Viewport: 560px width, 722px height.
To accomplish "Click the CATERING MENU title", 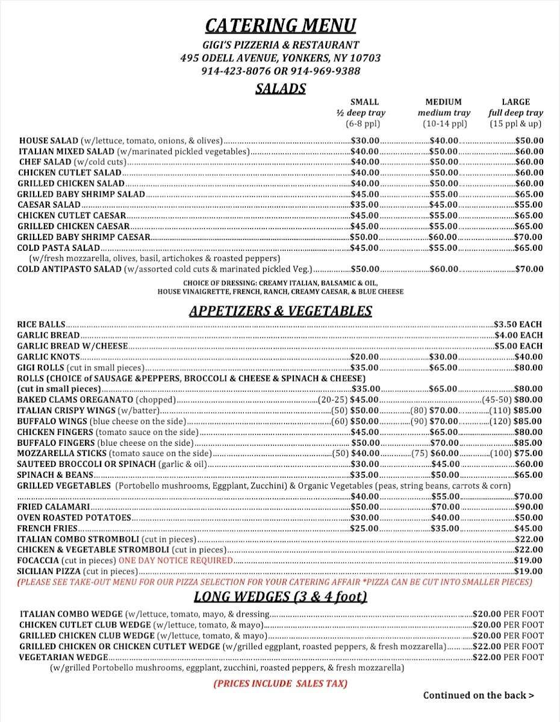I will pos(280,25).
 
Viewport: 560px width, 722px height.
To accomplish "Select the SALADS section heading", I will pos(280,89).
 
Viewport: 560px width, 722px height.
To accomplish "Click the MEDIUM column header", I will pos(443,102).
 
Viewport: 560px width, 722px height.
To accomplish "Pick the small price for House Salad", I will pos(365,140).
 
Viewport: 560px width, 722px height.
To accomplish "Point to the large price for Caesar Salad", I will pos(529,205).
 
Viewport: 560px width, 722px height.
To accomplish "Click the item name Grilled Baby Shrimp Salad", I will pos(81,194).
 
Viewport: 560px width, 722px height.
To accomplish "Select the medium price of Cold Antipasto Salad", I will pos(444,270).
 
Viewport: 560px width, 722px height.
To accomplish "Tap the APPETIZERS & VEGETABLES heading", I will pos(280,311).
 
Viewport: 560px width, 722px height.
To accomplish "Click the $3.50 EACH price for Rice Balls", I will pos(518,324).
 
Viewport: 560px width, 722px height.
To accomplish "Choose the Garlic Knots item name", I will pos(49,357).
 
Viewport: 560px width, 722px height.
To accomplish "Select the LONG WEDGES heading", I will pos(280,597).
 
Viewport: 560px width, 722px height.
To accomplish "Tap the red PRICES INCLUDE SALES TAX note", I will pos(280,683).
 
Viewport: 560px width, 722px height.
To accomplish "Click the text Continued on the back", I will pos(478,696).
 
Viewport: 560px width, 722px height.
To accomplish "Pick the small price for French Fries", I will pos(365,529).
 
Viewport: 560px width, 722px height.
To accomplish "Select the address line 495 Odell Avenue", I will pos(280,58).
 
